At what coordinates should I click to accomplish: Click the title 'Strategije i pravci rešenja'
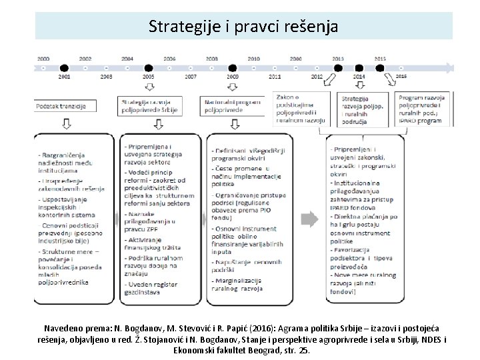[243, 27]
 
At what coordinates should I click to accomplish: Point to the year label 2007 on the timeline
[191, 77]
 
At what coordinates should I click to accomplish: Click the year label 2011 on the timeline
[275, 77]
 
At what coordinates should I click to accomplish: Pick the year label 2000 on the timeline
[43, 59]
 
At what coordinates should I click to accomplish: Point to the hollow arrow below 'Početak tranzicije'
[67, 125]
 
